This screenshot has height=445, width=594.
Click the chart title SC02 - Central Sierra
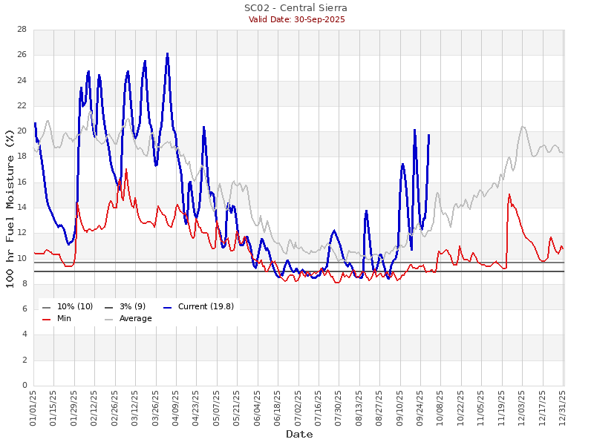click(x=296, y=8)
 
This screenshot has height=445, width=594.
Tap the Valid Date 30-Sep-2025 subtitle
click(x=296, y=19)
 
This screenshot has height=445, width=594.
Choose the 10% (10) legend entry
click(x=75, y=306)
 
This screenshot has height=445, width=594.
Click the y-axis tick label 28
click(x=22, y=30)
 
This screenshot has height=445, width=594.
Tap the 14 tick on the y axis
click(x=22, y=208)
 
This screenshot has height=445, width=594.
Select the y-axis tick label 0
click(x=25, y=386)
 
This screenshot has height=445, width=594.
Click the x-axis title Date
click(x=299, y=434)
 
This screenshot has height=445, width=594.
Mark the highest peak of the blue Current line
click(x=168, y=53)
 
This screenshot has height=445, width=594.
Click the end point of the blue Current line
click(x=428, y=135)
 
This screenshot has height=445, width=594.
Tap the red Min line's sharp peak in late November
click(x=509, y=194)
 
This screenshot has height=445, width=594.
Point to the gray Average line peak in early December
click(x=523, y=126)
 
